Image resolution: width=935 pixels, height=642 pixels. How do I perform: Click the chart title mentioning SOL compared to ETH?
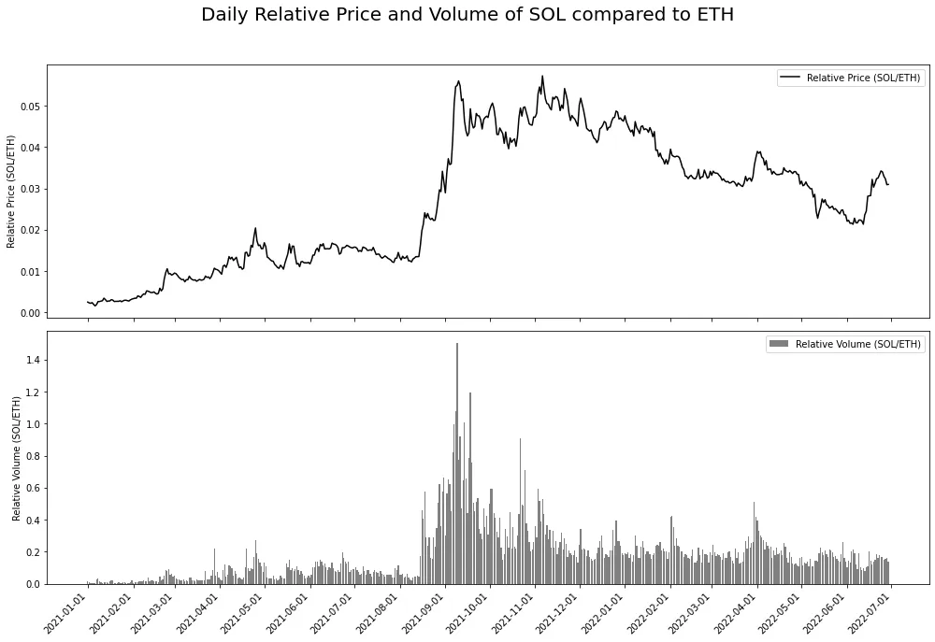click(x=467, y=15)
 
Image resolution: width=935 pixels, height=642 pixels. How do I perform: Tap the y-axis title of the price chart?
click(x=11, y=192)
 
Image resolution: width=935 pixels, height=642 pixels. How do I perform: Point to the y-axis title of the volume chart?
click(x=17, y=458)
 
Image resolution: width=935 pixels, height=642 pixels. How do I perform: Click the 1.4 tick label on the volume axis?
click(x=34, y=360)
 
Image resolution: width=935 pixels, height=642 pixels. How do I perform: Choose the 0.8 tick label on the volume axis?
click(x=34, y=456)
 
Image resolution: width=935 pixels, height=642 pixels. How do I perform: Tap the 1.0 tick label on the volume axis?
click(x=34, y=424)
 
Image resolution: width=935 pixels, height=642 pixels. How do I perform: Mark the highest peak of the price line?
click(x=542, y=77)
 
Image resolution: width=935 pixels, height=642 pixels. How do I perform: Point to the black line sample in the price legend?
click(x=790, y=78)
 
